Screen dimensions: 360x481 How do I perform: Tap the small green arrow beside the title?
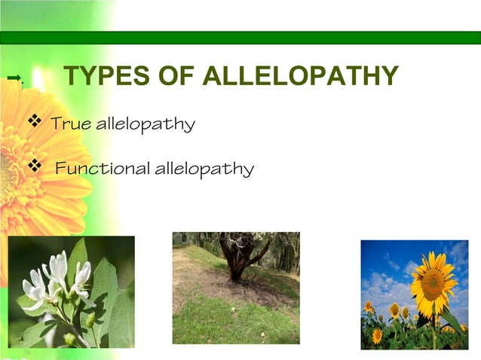tap(13, 78)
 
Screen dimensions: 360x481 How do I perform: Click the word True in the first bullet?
tap(72, 124)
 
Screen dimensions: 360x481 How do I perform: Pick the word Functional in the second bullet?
tap(103, 168)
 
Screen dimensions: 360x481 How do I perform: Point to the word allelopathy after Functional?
tap(204, 169)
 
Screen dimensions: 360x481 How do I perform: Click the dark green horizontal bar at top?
tap(240, 38)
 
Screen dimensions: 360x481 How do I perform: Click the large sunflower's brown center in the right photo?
tap(432, 283)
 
